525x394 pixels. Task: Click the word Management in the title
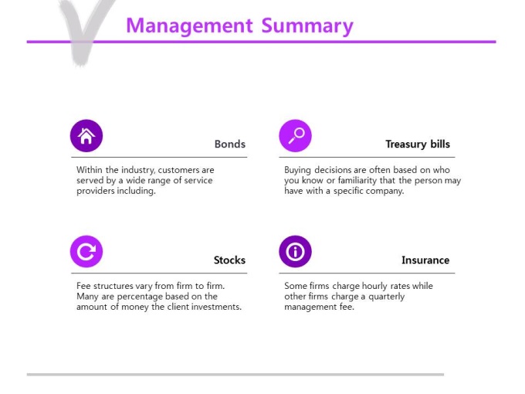click(x=189, y=26)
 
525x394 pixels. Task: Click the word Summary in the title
click(x=307, y=26)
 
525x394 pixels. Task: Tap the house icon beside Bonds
click(x=86, y=136)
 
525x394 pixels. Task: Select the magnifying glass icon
click(x=295, y=136)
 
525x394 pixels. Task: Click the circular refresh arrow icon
click(x=86, y=252)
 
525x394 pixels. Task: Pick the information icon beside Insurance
click(x=295, y=252)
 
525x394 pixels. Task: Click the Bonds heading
click(x=230, y=144)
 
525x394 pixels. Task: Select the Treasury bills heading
click(x=418, y=144)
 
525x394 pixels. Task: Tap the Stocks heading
click(x=230, y=260)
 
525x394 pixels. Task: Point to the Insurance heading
click(x=425, y=260)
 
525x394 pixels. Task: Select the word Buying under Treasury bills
click(x=298, y=170)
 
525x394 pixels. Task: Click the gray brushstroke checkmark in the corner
click(x=84, y=32)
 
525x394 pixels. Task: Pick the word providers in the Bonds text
click(x=96, y=191)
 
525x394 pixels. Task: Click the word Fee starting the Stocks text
click(x=83, y=286)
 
